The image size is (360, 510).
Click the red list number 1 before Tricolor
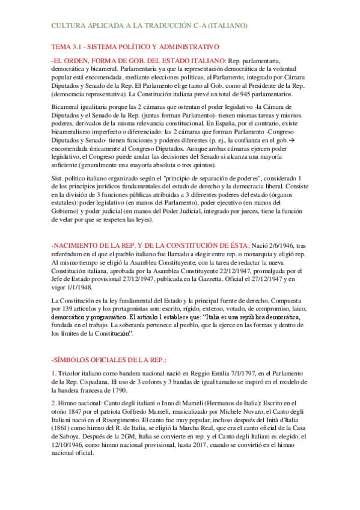53,374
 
